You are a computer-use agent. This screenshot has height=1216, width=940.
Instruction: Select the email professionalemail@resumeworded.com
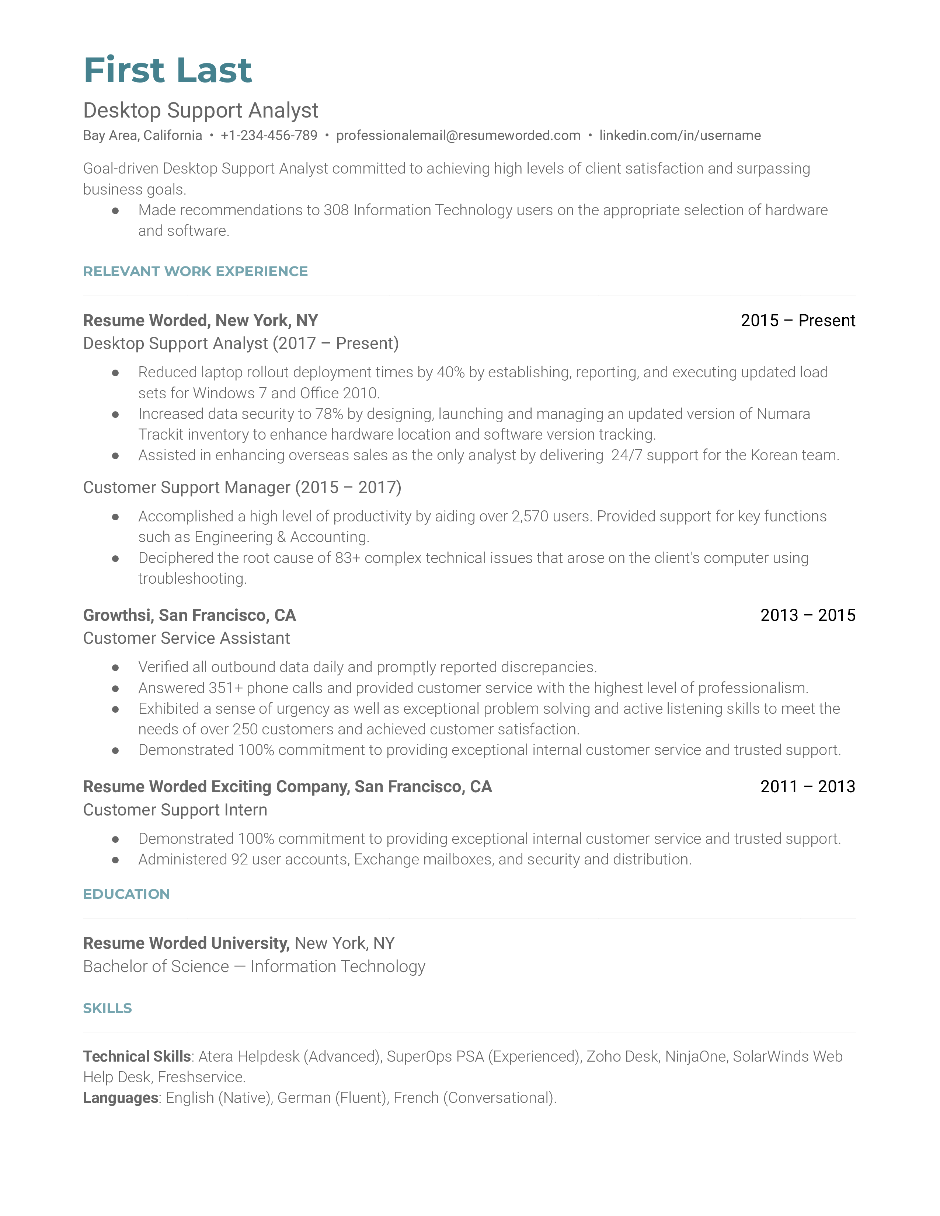coord(458,135)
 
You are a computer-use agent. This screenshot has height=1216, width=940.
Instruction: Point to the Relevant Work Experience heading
coord(195,271)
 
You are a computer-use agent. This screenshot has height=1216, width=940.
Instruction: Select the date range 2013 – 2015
coord(807,615)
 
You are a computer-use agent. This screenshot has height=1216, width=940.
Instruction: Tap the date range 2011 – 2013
coord(807,787)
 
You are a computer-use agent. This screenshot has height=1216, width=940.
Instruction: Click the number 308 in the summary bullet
coord(336,210)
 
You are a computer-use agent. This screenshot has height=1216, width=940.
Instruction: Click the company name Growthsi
coord(117,615)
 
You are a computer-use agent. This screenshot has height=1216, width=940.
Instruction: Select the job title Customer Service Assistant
coord(187,638)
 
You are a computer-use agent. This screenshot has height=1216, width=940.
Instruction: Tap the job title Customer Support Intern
coord(175,810)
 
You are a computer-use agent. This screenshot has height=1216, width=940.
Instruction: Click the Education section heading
coord(126,894)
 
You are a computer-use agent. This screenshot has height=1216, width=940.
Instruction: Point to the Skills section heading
coord(108,1008)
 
